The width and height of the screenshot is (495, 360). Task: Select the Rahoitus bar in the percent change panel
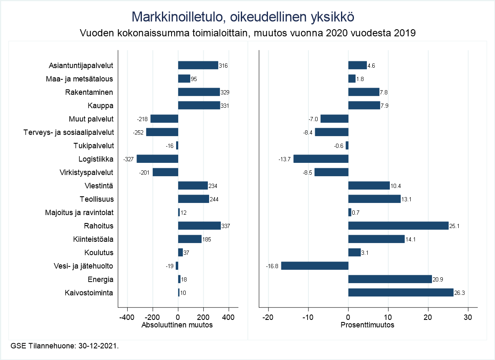point(398,226)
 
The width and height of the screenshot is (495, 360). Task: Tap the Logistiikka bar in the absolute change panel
point(157,159)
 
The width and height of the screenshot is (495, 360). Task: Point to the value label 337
point(226,226)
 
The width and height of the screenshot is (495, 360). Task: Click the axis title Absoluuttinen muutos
point(177,325)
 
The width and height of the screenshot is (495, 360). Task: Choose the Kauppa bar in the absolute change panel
point(199,105)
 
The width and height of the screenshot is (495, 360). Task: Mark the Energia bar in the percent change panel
point(390,279)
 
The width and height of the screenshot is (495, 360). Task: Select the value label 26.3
point(460,293)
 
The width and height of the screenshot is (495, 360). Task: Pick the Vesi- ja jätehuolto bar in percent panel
point(315,266)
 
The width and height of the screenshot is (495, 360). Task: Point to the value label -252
point(139,133)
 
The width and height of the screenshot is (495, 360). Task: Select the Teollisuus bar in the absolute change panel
point(193,199)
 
